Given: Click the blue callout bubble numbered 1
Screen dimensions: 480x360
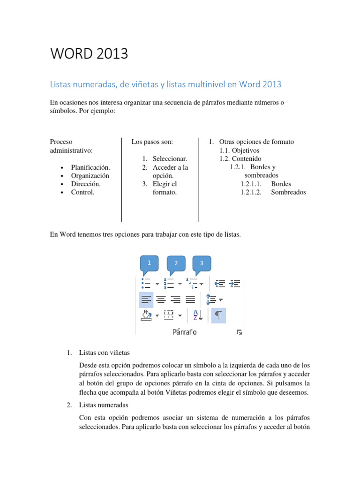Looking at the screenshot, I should coord(149,263).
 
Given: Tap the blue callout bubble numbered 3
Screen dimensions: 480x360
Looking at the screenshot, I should coord(202,263).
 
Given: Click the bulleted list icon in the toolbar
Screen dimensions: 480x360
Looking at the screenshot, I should coord(146,284).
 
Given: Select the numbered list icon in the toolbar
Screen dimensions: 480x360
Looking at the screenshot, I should coord(168,284).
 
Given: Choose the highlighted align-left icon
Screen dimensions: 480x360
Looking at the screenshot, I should coord(146,300).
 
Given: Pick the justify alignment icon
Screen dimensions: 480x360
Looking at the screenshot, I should coord(190,300).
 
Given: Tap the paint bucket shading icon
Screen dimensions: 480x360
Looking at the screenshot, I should coord(146,315).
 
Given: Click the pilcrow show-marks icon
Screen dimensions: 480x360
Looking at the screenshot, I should coord(218,315).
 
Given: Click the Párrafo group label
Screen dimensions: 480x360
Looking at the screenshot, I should coord(184,332).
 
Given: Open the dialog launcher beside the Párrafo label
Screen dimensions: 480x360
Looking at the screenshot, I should coord(240,332).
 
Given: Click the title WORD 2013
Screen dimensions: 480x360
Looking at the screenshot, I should coord(89,54).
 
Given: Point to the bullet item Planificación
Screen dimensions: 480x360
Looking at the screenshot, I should coord(90,167).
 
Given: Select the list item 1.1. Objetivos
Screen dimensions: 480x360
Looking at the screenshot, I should coord(240,150).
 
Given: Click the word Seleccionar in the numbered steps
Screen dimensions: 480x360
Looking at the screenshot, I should coord(170,159).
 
